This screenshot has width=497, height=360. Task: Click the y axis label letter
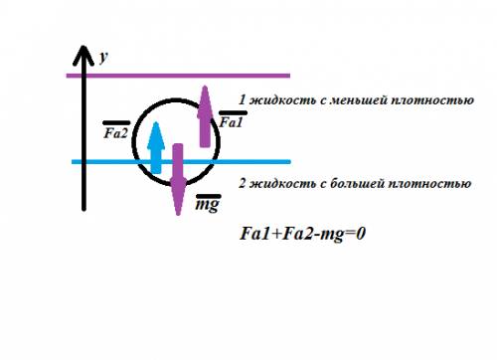click(103, 58)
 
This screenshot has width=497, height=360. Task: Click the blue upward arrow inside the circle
click(156, 148)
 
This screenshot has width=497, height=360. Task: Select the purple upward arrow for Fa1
click(205, 116)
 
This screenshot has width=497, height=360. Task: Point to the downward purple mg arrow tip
click(178, 214)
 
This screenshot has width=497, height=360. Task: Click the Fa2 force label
click(116, 133)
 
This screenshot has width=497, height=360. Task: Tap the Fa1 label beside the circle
click(231, 122)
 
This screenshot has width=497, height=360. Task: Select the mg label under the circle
click(208, 205)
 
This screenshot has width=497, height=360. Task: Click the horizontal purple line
click(178, 76)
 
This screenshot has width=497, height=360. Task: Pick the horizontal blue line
click(181, 162)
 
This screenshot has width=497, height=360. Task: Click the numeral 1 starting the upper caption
click(243, 99)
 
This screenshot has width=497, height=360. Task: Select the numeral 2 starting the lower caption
click(243, 184)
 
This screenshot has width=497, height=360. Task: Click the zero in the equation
click(361, 234)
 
